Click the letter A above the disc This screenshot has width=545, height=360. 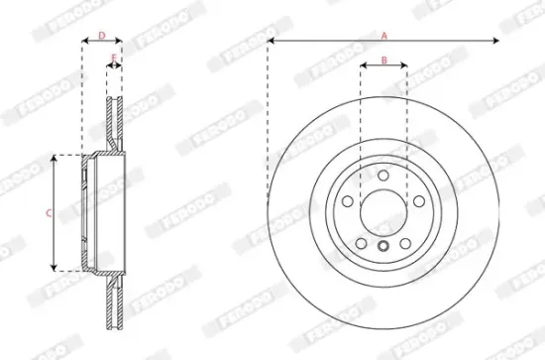coord(384,34)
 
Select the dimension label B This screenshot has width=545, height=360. coord(383,60)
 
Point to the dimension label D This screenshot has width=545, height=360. coord(101,35)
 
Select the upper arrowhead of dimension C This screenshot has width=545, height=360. coord(54,157)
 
